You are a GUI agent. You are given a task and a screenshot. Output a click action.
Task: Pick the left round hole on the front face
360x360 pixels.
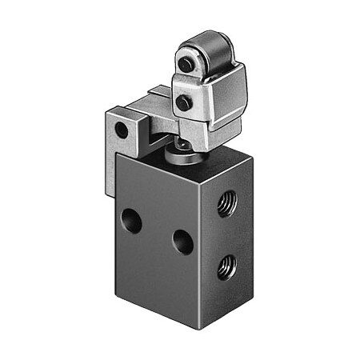point(132,220)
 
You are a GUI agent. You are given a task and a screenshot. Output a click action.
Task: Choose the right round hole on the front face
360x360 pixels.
point(183,241)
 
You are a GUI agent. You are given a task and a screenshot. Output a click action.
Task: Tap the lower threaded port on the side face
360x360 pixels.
point(228,265)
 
